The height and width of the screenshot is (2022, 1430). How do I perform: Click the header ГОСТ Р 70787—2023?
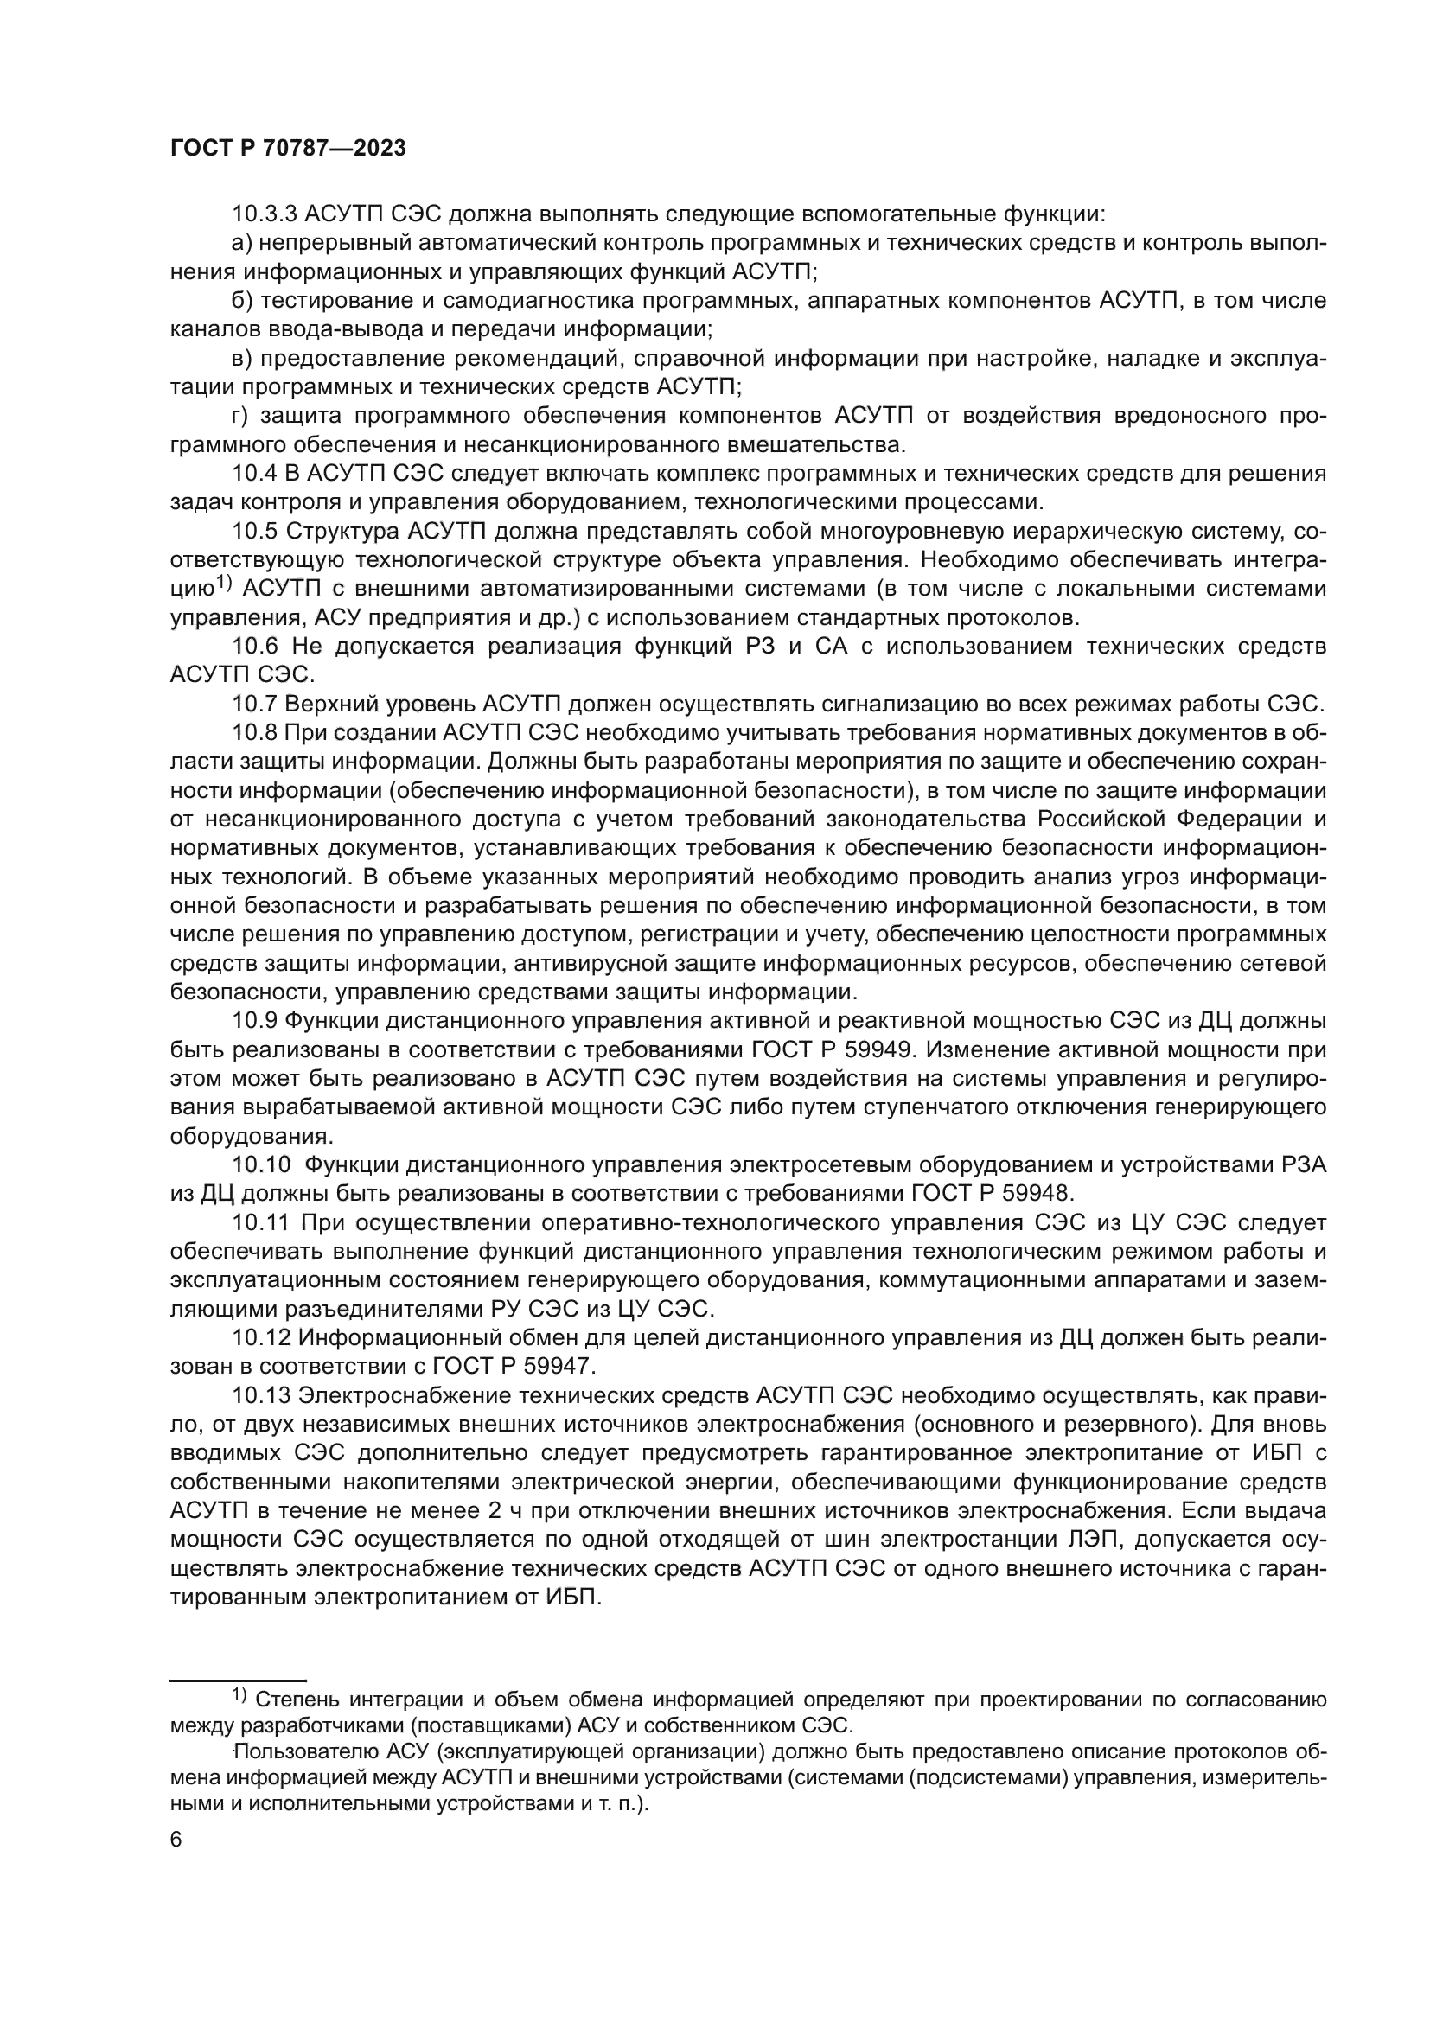288,149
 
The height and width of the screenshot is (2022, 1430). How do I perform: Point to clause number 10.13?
260,1396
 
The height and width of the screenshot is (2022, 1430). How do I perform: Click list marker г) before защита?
240,416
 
